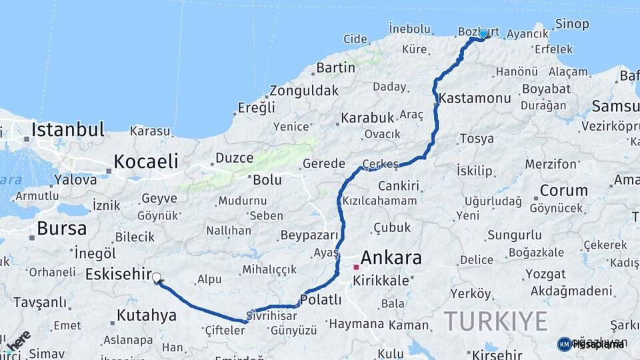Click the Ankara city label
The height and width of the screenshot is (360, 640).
point(391,257)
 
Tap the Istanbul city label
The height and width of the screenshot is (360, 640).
point(68,129)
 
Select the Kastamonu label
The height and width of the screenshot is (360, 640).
point(475,98)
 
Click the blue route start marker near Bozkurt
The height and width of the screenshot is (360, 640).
point(483,33)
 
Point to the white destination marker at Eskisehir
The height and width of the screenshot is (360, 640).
point(156,277)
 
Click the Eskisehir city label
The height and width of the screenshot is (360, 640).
point(117,273)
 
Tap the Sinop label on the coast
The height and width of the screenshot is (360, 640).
point(571,24)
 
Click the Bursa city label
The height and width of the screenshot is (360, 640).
point(61,229)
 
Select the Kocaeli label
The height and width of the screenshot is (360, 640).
point(145,161)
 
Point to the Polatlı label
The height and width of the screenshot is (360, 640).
point(321,299)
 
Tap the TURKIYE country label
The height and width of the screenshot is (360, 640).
point(496,321)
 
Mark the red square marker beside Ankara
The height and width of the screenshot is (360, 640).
point(356,267)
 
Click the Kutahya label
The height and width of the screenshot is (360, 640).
point(146,315)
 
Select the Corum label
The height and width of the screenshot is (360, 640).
point(563,190)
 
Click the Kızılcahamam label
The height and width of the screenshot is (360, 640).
point(380,201)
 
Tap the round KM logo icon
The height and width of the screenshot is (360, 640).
point(564,344)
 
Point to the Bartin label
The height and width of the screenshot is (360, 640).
point(335,67)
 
